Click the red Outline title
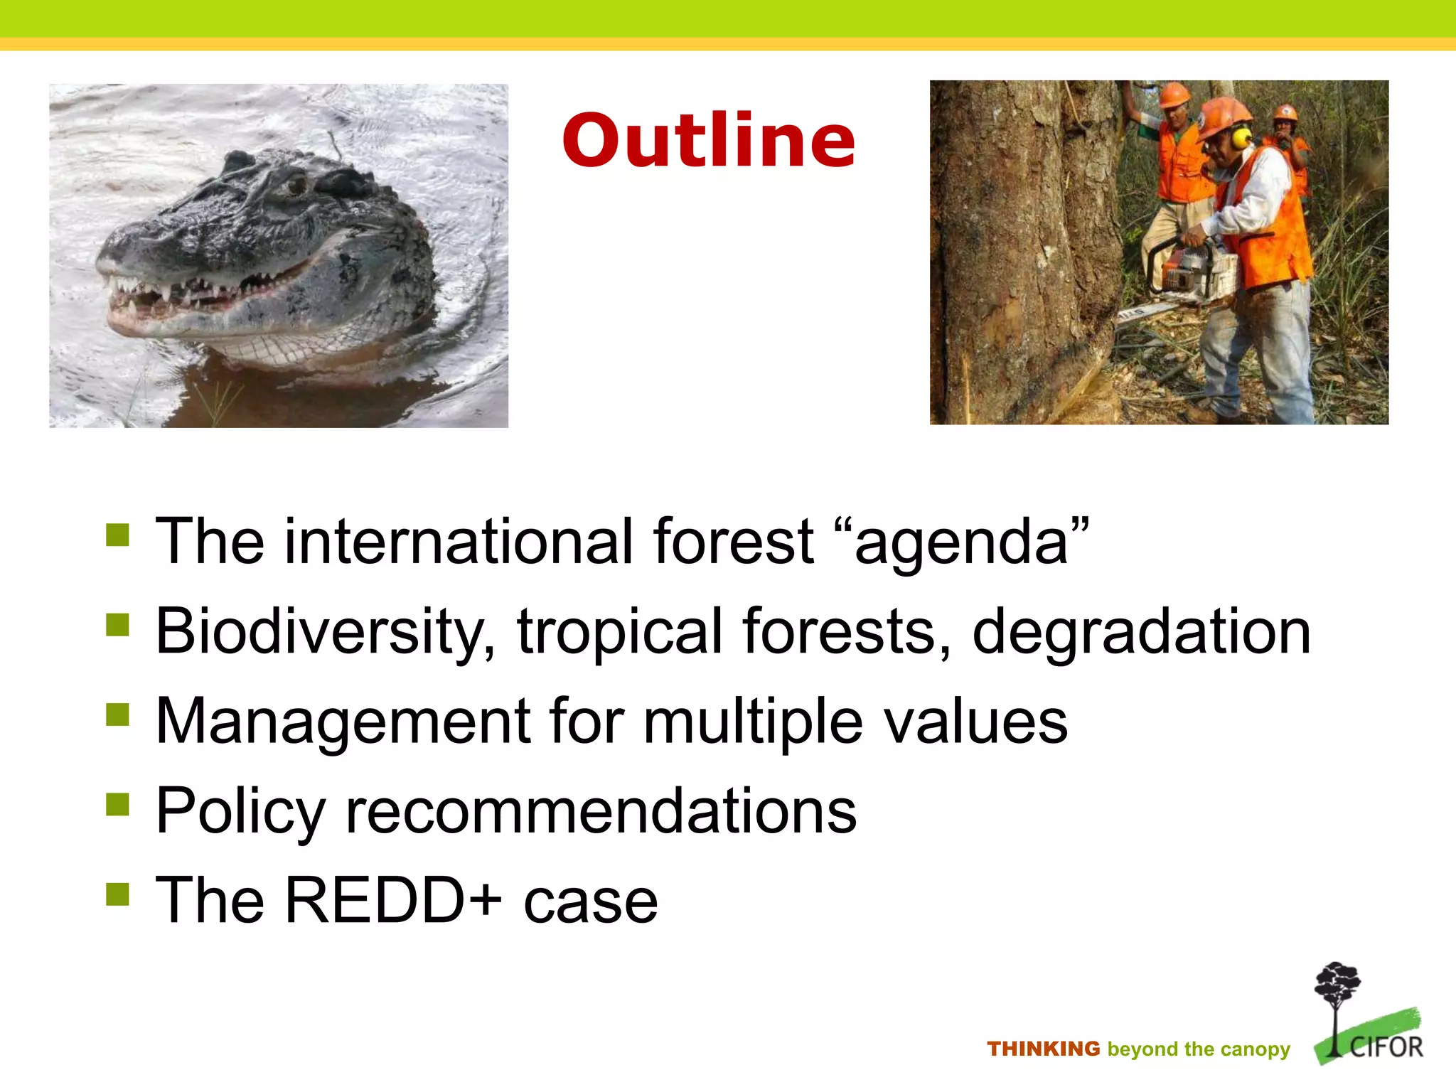[x=708, y=141]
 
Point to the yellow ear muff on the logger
[x=1241, y=136]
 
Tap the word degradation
[x=1140, y=632]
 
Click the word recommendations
[x=601, y=811]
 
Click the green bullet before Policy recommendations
[x=117, y=805]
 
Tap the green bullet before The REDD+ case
[x=117, y=894]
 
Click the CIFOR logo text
[x=1386, y=1047]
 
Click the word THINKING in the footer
[x=1043, y=1049]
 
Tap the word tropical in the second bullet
[x=619, y=632]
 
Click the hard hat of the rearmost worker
[x=1285, y=112]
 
